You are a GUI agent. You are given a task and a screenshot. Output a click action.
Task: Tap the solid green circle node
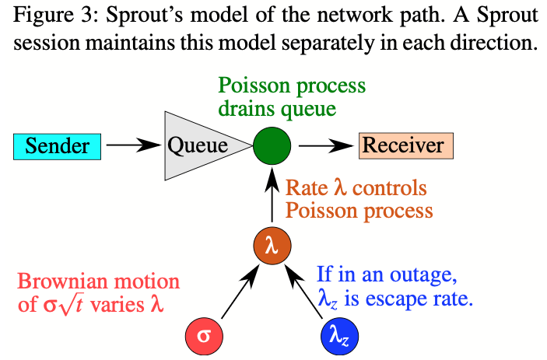[x=272, y=145]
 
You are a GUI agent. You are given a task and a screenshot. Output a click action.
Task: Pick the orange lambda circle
[x=272, y=246]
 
